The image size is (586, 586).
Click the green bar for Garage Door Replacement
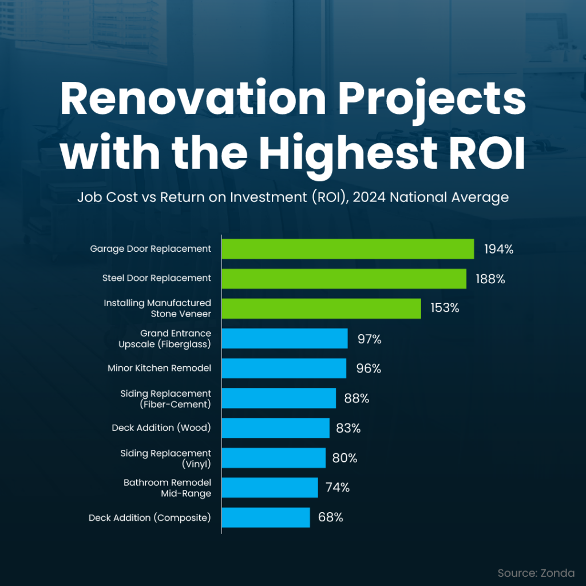click(347, 249)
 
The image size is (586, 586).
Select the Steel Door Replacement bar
click(343, 279)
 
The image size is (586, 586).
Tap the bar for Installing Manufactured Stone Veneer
click(321, 308)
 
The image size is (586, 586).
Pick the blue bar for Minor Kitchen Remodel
click(284, 368)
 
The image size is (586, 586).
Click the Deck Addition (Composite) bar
click(266, 517)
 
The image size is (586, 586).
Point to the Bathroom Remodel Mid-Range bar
click(270, 488)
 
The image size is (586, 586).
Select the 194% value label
click(498, 250)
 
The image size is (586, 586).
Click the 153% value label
click(445, 308)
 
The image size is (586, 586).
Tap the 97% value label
click(370, 339)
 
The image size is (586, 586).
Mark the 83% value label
click(349, 428)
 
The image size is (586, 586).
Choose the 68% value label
click(331, 517)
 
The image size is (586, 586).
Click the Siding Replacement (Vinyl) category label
click(166, 458)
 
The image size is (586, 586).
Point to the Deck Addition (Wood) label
click(161, 428)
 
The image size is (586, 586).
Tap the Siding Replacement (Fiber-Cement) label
click(166, 398)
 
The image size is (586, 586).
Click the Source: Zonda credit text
click(536, 573)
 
